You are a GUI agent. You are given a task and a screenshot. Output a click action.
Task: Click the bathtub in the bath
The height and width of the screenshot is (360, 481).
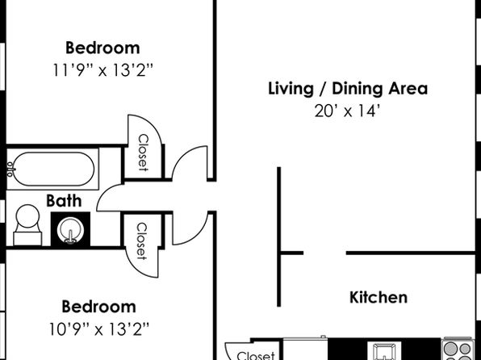[52, 170]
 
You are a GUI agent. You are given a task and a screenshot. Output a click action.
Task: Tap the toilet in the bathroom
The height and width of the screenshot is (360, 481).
[27, 225]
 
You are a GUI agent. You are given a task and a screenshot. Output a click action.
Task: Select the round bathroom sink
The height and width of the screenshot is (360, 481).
[70, 229]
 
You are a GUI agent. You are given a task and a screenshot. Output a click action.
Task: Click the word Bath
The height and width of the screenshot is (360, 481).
[64, 201]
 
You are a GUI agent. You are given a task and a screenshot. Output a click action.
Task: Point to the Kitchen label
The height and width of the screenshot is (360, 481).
[379, 297]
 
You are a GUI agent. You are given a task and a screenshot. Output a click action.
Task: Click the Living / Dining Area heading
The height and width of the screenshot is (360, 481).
[348, 89]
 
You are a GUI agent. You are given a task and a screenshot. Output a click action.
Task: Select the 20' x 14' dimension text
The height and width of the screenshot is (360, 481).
[348, 111]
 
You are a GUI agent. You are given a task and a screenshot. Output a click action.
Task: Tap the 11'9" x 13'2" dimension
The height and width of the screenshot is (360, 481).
[102, 70]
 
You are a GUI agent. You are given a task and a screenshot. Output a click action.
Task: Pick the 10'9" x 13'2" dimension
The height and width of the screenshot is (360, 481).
[98, 329]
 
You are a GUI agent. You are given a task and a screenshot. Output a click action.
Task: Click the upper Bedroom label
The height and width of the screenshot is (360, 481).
[102, 48]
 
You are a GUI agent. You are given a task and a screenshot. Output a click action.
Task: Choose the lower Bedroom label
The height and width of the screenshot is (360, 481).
[98, 307]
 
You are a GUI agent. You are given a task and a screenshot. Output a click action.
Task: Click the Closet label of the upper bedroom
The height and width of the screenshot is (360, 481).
[143, 153]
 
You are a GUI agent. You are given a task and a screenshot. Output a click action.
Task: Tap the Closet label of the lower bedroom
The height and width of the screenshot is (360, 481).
[141, 241]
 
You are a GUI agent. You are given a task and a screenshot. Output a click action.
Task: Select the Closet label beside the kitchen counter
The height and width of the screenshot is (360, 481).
[256, 355]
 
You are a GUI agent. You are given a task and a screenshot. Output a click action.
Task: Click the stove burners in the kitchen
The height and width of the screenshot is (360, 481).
[458, 350]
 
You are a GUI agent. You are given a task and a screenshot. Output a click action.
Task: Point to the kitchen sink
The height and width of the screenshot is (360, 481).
[384, 351]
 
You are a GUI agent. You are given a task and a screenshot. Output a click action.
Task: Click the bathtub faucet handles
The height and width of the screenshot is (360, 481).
[10, 170]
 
